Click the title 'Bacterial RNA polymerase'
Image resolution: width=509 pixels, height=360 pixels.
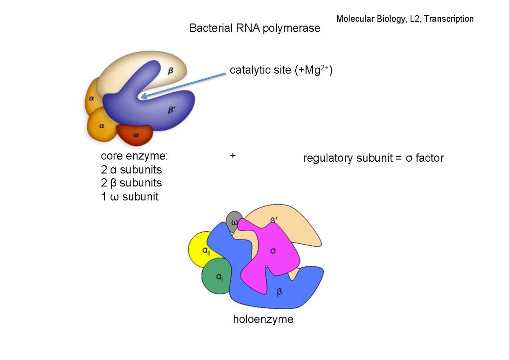pyautogui.click(x=255, y=29)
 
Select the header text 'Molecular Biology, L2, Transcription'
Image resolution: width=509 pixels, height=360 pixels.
pyautogui.click(x=405, y=19)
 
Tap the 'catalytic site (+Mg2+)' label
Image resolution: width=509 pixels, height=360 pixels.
pyautogui.click(x=281, y=70)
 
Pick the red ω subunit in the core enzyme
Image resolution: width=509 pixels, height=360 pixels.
pyautogui.click(x=135, y=134)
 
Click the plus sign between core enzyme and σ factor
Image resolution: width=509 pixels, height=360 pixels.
pyautogui.click(x=232, y=156)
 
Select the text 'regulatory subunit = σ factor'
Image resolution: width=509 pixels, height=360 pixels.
pyautogui.click(x=373, y=158)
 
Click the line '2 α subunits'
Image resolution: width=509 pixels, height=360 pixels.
pyautogui.click(x=131, y=170)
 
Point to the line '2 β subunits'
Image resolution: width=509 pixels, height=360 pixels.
pyautogui.click(x=131, y=183)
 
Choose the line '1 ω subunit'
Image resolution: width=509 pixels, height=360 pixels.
pyautogui.click(x=129, y=197)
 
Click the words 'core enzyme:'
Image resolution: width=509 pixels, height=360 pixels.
pyautogui.click(x=134, y=156)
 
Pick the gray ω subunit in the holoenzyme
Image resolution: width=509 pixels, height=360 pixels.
pyautogui.click(x=233, y=221)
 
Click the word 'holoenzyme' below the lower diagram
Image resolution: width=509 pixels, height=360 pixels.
pyautogui.click(x=263, y=319)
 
